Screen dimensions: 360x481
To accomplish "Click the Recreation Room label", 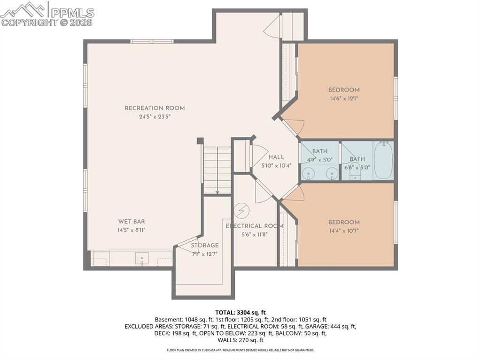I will point(155,108).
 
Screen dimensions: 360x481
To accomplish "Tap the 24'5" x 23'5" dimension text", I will point(155,117).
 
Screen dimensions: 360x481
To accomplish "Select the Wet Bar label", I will point(132,222).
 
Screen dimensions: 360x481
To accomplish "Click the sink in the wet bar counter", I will point(141,258).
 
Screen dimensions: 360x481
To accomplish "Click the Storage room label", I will point(204,245).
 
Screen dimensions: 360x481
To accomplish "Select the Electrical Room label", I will point(255,226).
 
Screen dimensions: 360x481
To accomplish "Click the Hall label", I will point(276,157).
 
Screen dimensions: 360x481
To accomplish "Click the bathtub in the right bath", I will point(383,160).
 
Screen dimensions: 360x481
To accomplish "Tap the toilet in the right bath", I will point(355,174).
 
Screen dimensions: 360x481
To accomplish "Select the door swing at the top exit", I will point(272,27).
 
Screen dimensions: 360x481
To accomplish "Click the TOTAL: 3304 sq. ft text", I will point(240,312).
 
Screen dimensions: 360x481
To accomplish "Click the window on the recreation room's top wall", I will point(152,41).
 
